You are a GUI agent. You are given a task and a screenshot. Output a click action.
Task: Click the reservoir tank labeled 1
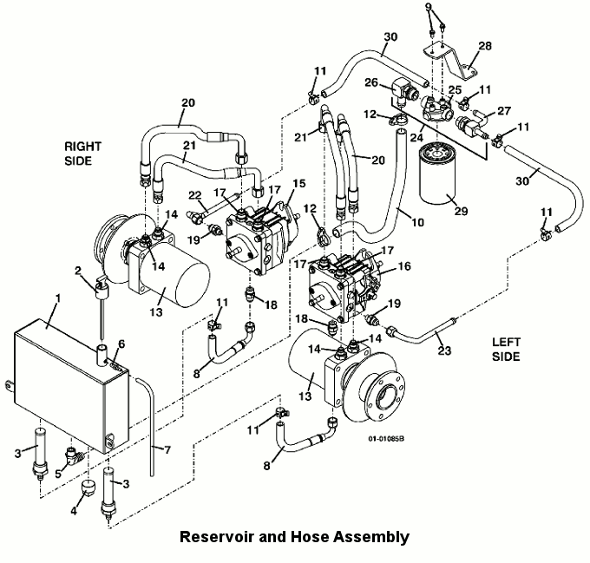pos(65,373)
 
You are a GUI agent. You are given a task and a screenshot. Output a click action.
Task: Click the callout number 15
pos(299,185)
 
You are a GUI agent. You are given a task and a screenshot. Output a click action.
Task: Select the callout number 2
pos(78,272)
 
